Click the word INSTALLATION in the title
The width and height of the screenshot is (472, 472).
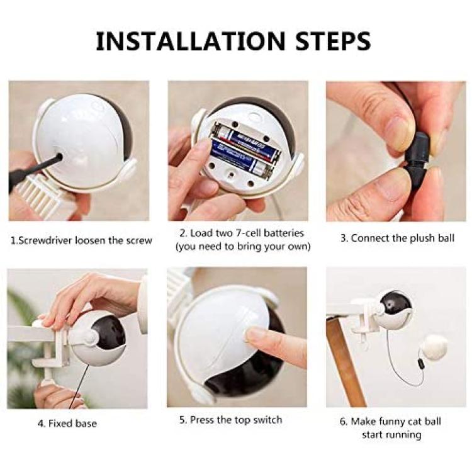190,41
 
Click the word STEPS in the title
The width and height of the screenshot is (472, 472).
333,41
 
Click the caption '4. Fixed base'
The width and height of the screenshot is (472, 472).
67,424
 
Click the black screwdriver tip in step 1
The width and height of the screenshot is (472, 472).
59,157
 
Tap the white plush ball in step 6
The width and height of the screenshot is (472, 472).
434,348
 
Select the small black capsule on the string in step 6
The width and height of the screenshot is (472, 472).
420,363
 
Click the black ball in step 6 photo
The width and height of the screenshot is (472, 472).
395,305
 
